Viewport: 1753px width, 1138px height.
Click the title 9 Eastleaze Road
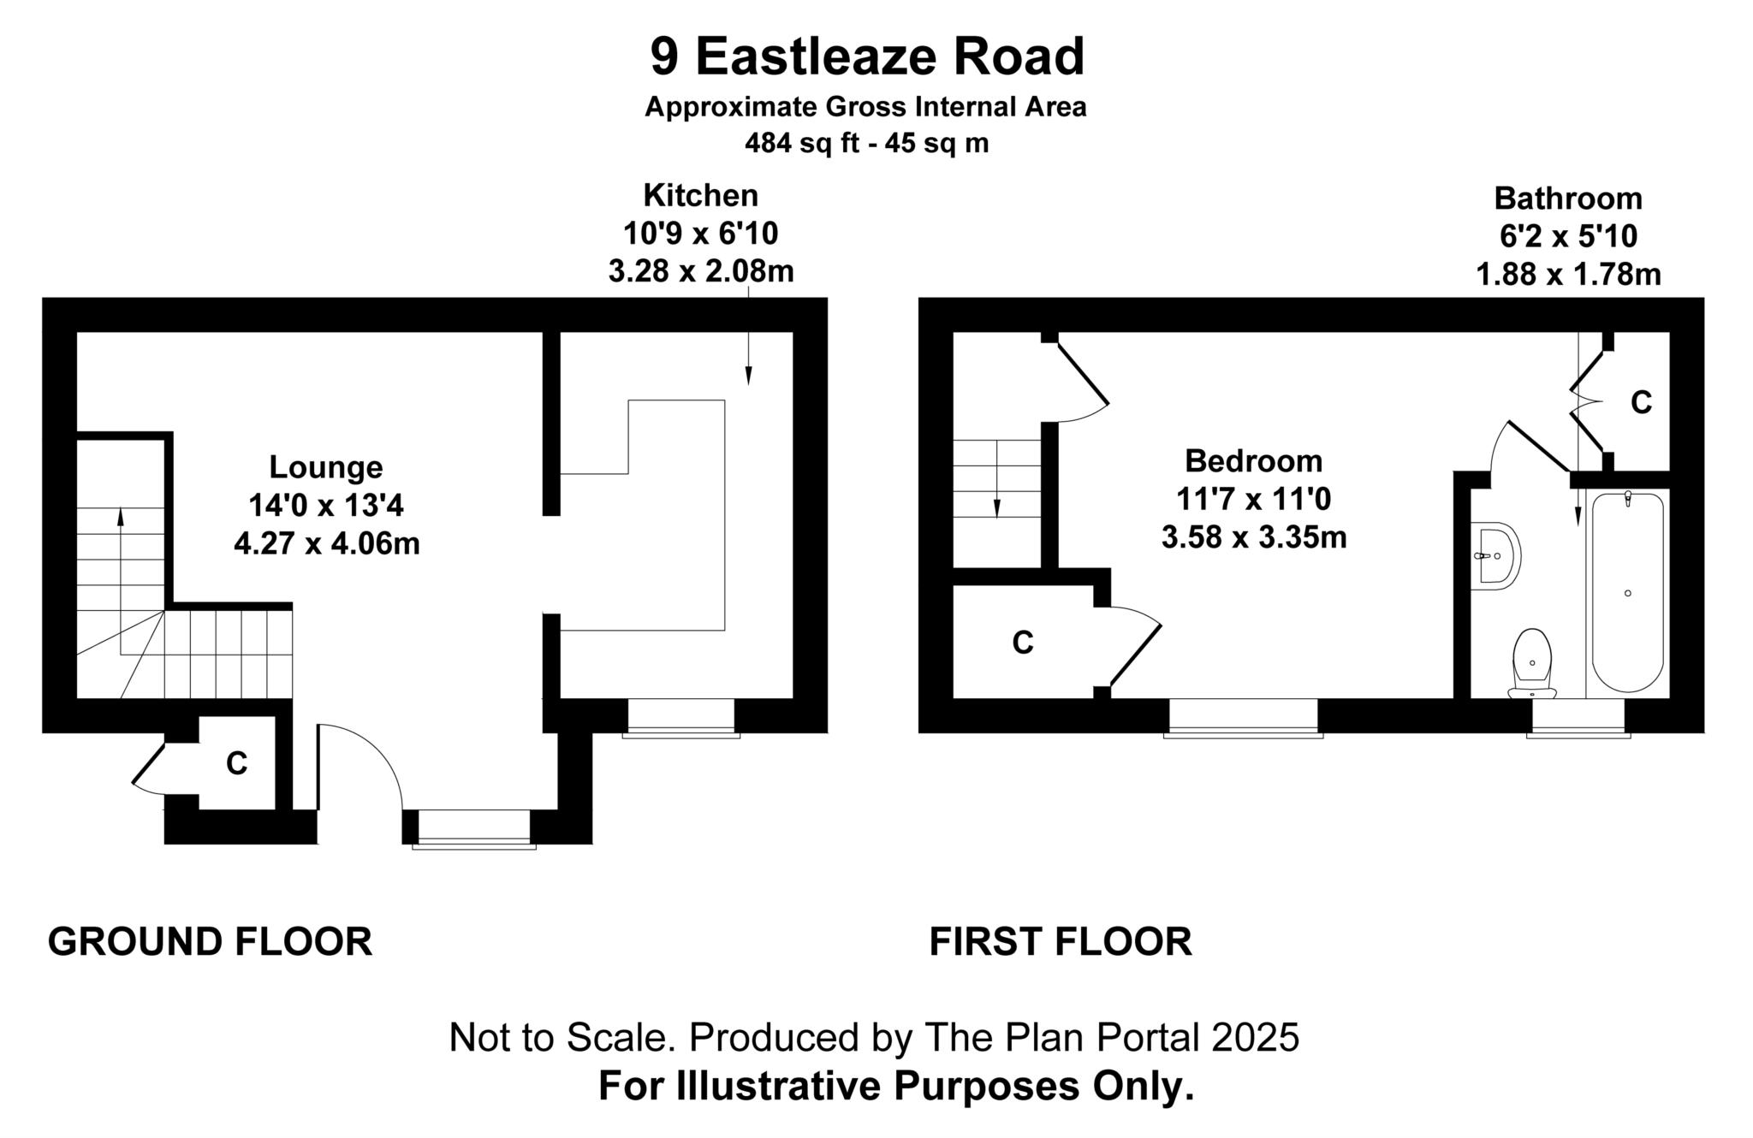click(x=866, y=56)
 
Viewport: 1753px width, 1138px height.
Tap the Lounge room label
click(x=325, y=467)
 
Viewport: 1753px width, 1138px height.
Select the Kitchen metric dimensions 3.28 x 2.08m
click(x=700, y=271)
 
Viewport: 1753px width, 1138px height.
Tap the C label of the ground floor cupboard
click(x=236, y=762)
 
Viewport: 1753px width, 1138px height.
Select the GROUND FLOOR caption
click(x=210, y=942)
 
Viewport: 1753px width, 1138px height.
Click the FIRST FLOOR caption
click(x=1060, y=942)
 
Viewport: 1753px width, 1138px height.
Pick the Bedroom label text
click(x=1253, y=461)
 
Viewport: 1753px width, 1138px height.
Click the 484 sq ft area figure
click(x=801, y=143)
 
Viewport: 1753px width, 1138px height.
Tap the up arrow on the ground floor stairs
click(x=120, y=517)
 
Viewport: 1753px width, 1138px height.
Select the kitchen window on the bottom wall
click(x=680, y=717)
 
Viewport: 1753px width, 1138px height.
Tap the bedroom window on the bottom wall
click(x=1243, y=717)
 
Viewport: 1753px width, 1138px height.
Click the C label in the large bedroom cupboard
click(x=1022, y=642)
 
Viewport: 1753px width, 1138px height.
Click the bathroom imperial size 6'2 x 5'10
click(x=1568, y=236)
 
